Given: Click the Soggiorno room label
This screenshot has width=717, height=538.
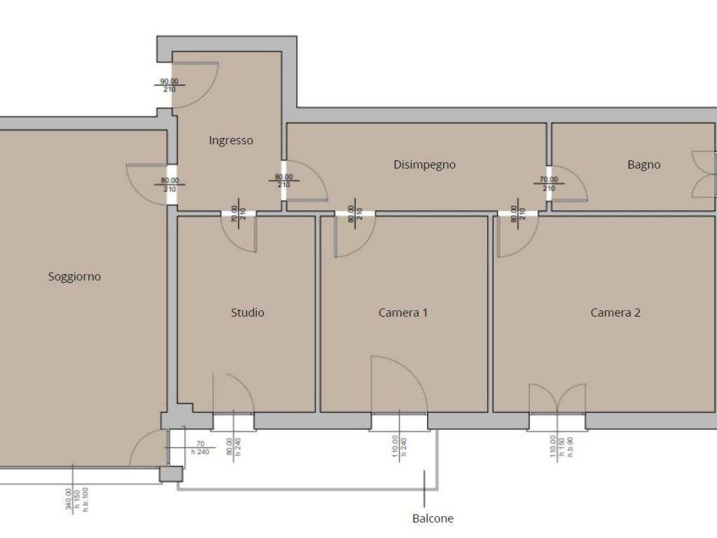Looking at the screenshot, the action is click(74, 276).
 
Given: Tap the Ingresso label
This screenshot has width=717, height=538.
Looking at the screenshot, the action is click(231, 140).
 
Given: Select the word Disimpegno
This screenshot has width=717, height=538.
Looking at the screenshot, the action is click(424, 165).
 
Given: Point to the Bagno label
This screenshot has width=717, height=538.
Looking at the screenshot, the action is click(644, 165).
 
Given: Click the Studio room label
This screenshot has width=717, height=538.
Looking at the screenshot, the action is click(247, 312).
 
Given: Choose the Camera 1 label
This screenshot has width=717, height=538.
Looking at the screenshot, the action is click(403, 312).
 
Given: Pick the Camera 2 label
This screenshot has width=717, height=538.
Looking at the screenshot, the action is click(615, 312).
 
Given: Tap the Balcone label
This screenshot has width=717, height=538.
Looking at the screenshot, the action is click(433, 518).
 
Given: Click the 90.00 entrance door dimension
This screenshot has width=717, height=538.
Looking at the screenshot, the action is click(169, 81).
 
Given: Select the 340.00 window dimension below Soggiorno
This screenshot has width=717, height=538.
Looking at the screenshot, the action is click(69, 499).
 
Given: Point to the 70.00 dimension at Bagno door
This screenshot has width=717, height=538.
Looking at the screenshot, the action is click(549, 179).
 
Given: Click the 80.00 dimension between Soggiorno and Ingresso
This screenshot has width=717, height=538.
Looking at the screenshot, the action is click(169, 180).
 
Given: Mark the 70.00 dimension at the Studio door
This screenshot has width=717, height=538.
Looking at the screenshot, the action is click(235, 214).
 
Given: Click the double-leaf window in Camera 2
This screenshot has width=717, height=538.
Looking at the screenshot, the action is click(557, 399).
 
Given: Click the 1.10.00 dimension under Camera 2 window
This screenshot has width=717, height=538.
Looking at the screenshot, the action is click(553, 446).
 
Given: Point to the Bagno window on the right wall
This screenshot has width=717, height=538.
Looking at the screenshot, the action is click(704, 174).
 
